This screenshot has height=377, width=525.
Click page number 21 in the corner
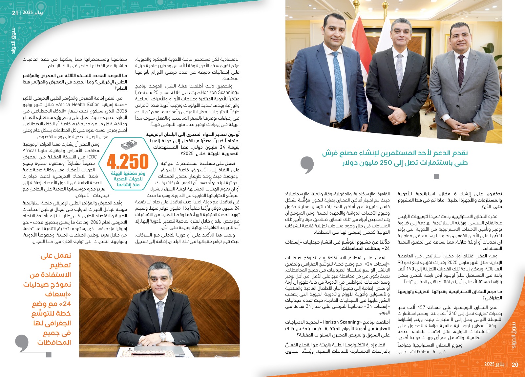15,13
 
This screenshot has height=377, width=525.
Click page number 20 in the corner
515,364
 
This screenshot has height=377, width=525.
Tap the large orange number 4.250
128,162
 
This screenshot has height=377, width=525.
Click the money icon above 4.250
129,145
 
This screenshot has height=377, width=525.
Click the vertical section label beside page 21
13,41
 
